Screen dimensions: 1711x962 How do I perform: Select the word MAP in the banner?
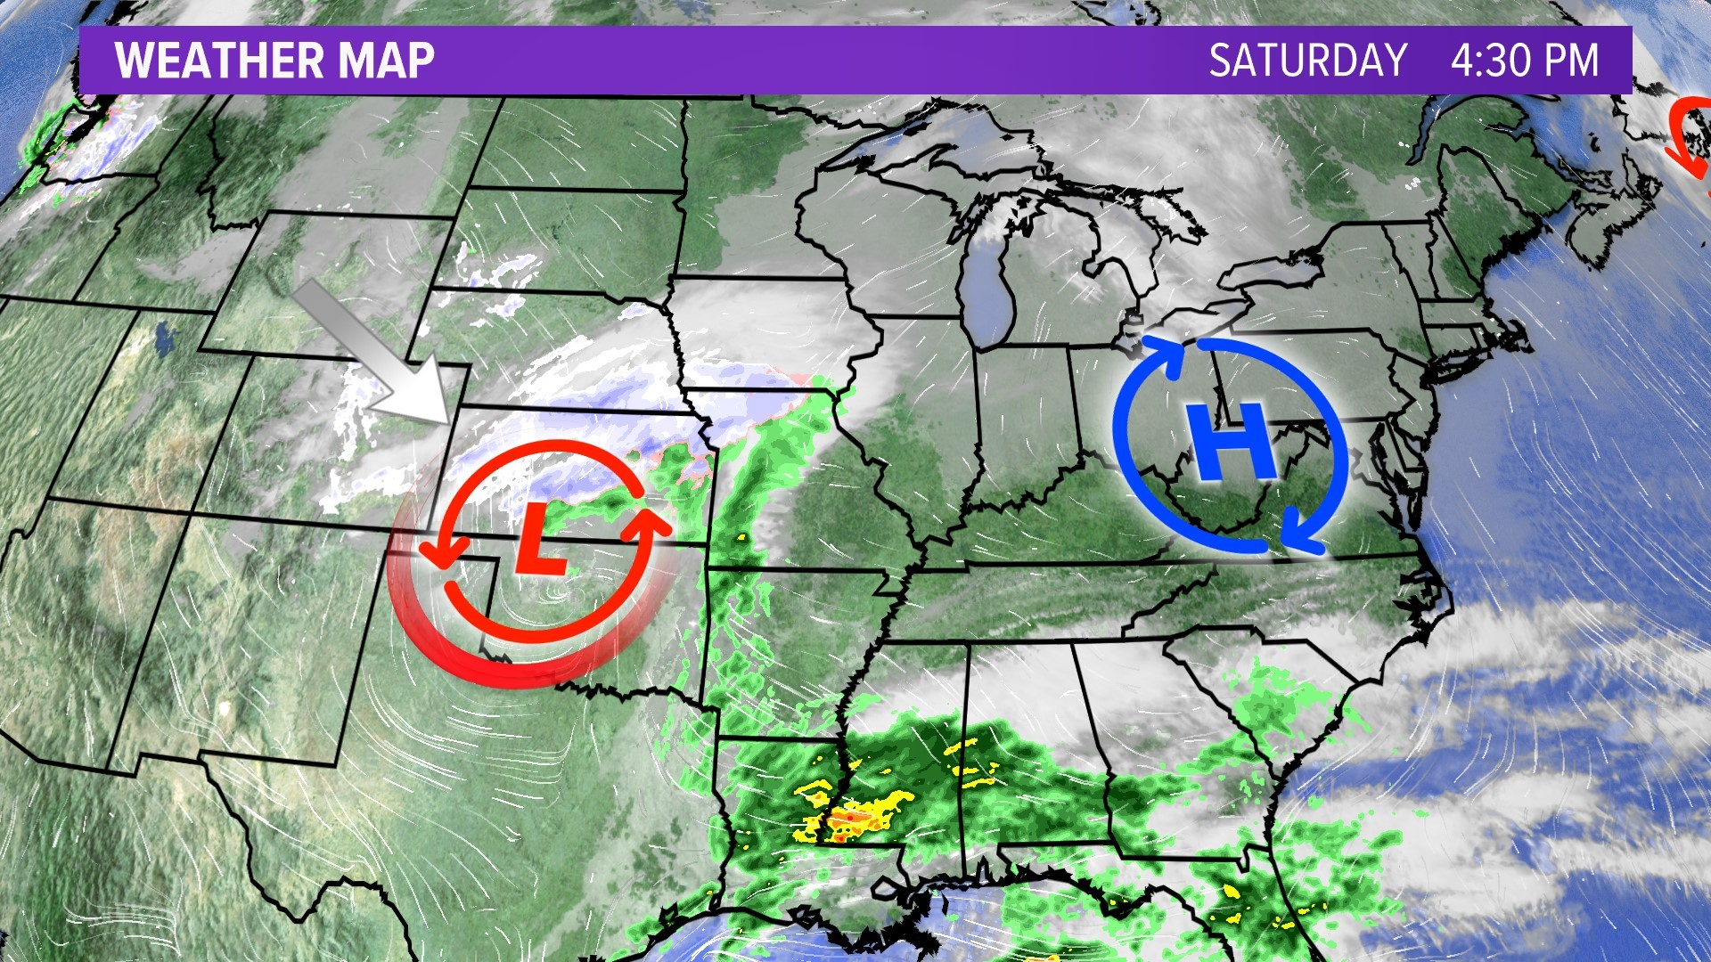pos(386,61)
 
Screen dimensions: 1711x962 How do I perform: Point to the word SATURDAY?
pos(1307,61)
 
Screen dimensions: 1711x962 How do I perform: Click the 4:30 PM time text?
pos(1524,61)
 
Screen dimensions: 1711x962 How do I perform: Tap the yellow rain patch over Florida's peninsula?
pos(1233,891)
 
